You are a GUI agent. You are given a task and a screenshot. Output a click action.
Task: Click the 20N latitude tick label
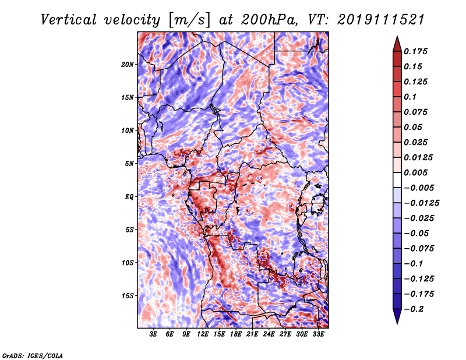point(128,65)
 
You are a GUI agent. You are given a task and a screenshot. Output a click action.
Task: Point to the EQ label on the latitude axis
point(129,197)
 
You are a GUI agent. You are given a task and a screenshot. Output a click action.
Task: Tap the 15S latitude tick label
point(128,296)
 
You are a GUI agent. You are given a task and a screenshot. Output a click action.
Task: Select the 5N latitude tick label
point(129,164)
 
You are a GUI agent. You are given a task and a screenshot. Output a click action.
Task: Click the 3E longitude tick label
point(153,334)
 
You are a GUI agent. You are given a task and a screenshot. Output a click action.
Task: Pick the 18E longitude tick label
point(236,334)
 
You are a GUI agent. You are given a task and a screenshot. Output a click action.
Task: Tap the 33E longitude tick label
point(318,334)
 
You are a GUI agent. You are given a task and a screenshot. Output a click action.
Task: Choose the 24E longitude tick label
point(269,334)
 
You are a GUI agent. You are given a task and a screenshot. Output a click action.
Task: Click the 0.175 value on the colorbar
point(416,51)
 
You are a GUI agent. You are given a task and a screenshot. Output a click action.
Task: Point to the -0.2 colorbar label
point(414,309)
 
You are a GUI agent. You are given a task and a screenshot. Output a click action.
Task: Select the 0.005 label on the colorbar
point(416,172)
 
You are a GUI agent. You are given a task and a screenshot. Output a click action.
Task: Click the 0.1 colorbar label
point(410,97)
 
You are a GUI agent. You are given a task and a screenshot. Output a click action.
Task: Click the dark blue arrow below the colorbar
point(397,316)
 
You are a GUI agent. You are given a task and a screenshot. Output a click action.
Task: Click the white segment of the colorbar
point(397,180)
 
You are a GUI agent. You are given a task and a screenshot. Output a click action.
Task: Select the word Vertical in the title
point(69,20)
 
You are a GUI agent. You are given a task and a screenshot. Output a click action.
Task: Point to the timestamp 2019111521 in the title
point(381,20)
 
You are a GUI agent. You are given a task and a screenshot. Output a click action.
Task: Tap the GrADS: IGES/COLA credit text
point(33,356)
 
